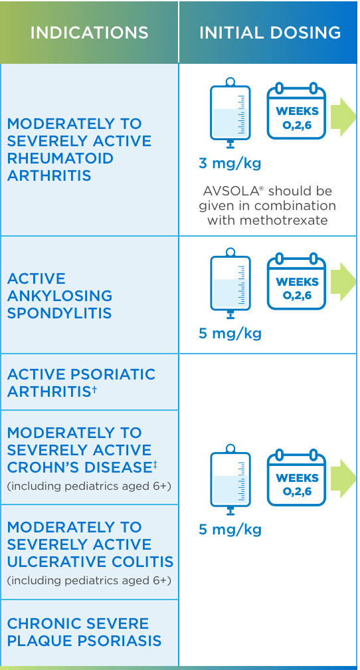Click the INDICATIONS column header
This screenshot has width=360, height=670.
89,33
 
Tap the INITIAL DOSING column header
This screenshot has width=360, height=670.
270,33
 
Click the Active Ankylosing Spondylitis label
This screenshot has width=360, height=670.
60,296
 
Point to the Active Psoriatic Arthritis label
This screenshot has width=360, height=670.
81,383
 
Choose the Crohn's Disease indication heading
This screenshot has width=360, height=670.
79,450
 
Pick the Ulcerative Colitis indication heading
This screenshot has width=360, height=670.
90,544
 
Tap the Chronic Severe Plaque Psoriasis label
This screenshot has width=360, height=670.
84,632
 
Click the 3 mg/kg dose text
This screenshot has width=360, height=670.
230,163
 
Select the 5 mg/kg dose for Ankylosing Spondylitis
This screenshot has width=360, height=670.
230,333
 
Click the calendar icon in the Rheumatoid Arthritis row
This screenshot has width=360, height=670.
297,112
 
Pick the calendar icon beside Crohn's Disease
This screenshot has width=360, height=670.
297,479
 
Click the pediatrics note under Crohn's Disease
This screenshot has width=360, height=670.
89,487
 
